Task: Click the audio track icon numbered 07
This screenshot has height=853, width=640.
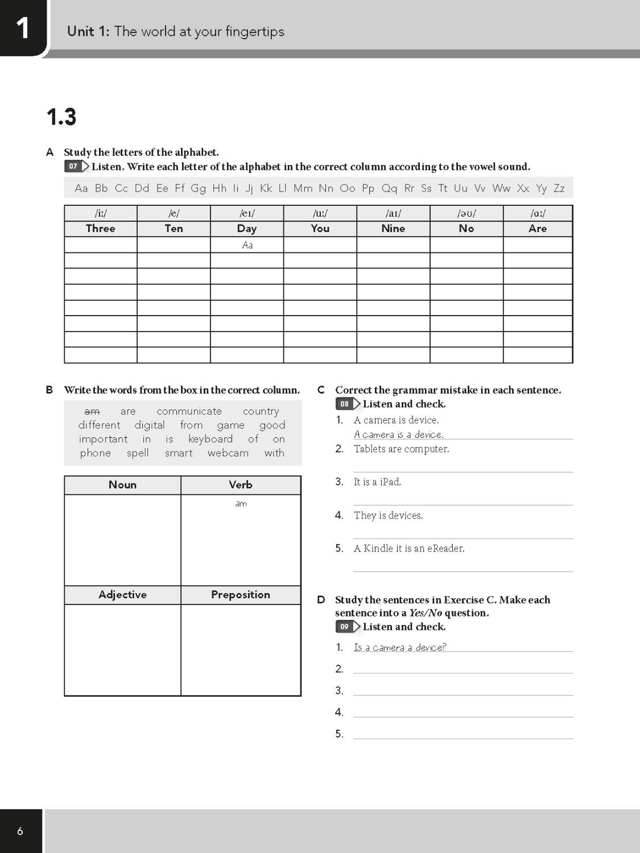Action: click(x=76, y=167)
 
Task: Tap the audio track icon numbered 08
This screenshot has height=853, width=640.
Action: click(x=348, y=404)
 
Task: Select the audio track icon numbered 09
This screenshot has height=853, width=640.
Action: click(x=348, y=627)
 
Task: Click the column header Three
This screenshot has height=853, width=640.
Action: click(x=101, y=229)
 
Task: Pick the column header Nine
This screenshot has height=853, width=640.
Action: click(x=393, y=229)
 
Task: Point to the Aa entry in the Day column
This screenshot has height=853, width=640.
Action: click(x=247, y=245)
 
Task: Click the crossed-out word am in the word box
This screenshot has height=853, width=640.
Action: click(x=92, y=411)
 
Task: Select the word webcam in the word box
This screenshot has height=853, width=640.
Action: click(x=228, y=453)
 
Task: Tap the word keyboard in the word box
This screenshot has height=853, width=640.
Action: click(x=210, y=439)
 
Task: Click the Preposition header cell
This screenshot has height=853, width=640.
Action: click(x=241, y=595)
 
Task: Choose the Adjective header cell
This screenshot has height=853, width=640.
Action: click(x=122, y=595)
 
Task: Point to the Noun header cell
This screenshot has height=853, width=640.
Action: click(x=122, y=485)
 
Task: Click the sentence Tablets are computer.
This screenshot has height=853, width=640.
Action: click(x=401, y=449)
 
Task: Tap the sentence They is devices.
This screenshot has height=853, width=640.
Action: click(x=388, y=516)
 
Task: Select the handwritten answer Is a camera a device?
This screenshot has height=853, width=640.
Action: click(x=400, y=647)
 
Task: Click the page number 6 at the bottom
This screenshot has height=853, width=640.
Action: click(x=20, y=831)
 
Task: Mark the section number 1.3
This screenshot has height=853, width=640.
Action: click(x=61, y=117)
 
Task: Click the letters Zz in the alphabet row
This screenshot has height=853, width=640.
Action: click(x=559, y=188)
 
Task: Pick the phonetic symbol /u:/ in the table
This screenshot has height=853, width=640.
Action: click(x=320, y=214)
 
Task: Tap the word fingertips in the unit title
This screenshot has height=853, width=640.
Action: click(x=254, y=31)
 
